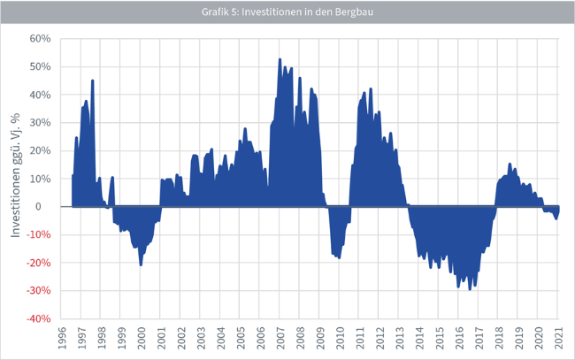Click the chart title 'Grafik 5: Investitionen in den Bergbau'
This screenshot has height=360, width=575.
287,11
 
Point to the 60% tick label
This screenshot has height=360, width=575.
41,39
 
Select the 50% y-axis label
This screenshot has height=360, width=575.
41,67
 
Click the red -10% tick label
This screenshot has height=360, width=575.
39,235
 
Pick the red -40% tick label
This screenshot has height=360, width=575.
39,318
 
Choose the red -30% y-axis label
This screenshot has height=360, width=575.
39,291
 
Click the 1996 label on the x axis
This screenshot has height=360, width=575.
61,341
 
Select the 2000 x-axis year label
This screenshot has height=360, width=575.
142,341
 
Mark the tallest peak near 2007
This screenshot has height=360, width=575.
280,59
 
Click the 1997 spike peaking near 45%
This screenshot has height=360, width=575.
92,80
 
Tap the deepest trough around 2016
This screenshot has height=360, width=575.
469,289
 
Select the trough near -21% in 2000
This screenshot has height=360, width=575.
141,265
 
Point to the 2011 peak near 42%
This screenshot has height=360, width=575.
371,88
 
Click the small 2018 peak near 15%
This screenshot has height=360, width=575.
510,164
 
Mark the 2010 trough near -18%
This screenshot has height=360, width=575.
339,258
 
